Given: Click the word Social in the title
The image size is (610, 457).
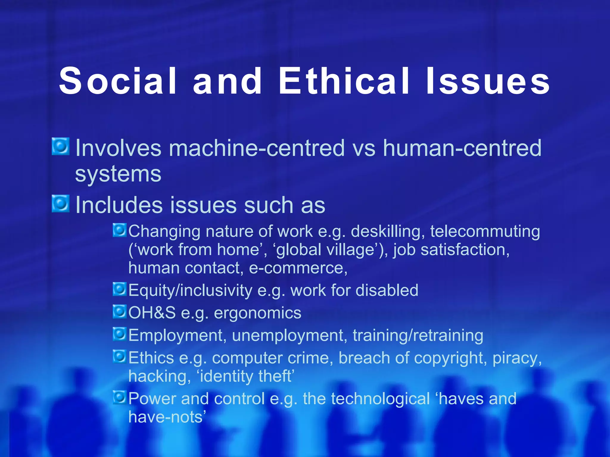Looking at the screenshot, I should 118,81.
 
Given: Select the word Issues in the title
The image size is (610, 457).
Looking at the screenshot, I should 488,81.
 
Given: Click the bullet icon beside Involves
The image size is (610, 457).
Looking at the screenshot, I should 61,146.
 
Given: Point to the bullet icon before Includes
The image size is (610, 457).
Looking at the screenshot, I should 61,204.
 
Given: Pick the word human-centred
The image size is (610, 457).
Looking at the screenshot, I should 462,148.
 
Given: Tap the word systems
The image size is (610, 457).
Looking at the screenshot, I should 118,174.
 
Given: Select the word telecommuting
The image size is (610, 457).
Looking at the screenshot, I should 485,231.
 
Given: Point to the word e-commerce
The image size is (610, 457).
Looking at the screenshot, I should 298,268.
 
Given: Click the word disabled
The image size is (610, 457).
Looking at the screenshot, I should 387,290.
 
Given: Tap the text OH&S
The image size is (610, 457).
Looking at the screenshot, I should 152,313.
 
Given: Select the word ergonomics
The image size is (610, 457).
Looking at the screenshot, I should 258,313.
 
